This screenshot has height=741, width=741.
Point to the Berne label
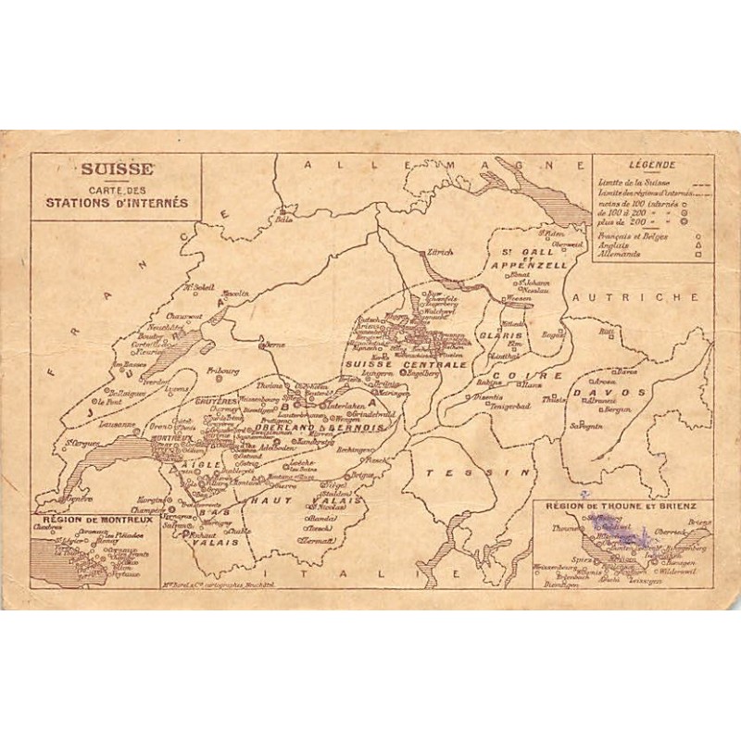tap(273, 344)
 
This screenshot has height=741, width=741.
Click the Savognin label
tap(586, 426)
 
